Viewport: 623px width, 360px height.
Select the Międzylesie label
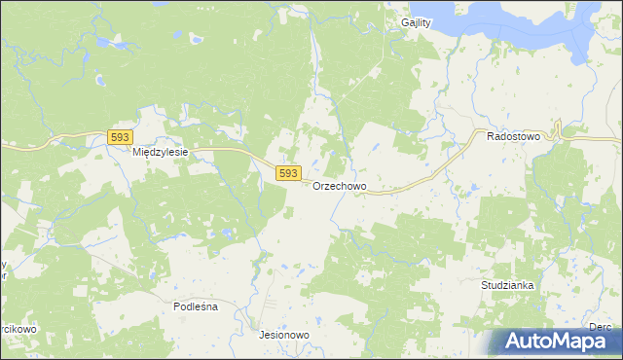(x=160, y=153)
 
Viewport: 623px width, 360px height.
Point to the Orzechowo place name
(x=340, y=187)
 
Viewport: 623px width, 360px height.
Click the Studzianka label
(x=507, y=286)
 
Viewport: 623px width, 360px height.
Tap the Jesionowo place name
(x=284, y=335)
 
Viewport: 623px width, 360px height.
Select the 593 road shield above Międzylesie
(x=119, y=138)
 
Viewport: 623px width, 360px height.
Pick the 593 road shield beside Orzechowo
(x=287, y=173)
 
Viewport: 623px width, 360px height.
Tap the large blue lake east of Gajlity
(x=516, y=24)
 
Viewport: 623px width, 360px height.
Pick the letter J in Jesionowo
(x=262, y=335)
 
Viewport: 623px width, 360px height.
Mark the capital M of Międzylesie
(x=137, y=153)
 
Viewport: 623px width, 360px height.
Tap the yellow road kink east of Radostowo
(x=558, y=129)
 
